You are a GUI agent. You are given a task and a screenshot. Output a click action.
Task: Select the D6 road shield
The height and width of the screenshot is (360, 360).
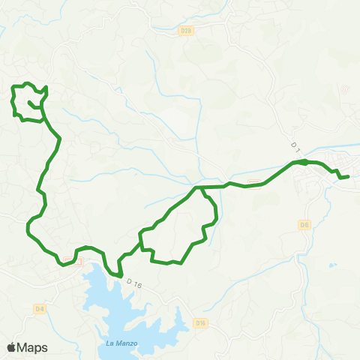point(304,224)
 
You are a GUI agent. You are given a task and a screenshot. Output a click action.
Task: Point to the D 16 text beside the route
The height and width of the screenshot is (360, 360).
point(134,283)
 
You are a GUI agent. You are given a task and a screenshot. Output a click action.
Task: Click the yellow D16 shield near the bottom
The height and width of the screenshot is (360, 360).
point(199,323)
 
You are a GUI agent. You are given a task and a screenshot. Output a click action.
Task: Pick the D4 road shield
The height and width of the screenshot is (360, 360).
point(40,308)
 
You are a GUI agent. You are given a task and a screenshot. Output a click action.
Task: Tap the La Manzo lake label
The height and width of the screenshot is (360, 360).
point(111,345)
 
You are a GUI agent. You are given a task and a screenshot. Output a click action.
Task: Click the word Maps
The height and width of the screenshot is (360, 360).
point(33,347)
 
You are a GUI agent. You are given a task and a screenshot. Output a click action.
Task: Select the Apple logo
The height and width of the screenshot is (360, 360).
point(11,347)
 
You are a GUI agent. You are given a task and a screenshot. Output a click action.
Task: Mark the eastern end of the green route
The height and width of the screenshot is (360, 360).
point(349,176)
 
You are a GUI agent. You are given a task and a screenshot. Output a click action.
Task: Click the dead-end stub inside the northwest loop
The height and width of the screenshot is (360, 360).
point(29,102)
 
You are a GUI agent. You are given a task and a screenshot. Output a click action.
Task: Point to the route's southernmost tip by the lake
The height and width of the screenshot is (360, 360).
point(120,275)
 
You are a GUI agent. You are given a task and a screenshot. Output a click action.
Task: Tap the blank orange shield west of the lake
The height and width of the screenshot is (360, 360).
point(68,260)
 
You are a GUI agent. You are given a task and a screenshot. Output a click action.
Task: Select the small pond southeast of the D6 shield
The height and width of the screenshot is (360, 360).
point(331,265)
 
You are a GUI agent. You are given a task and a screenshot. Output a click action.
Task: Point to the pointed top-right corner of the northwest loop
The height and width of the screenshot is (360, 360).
point(46,88)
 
